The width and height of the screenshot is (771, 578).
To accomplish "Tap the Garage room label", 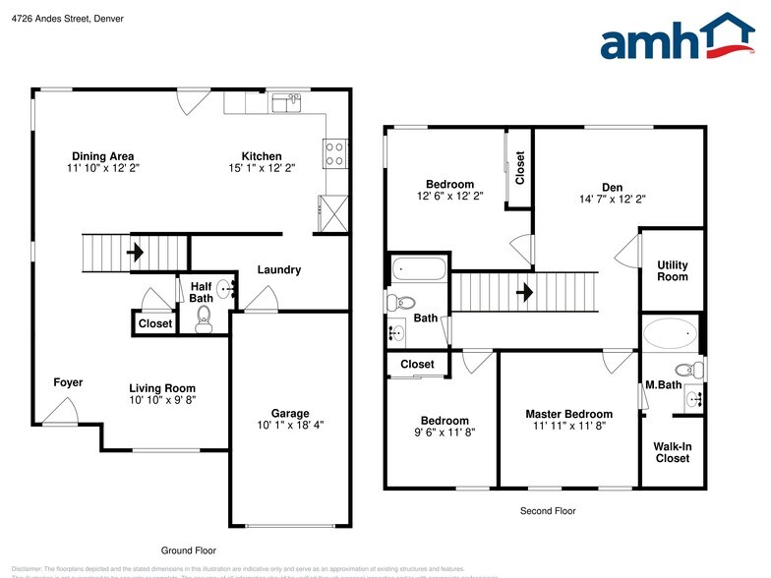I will pos(290,413).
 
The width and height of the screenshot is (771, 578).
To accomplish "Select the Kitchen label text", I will pos(263,156).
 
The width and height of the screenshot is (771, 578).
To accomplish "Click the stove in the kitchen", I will pos(334,154).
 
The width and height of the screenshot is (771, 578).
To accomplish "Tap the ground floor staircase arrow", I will pos(136,252).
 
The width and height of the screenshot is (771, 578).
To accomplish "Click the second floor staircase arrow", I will pos(526,292).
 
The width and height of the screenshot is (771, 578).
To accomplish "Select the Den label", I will pos(613,187).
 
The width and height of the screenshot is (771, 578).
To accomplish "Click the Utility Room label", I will pos(673,270).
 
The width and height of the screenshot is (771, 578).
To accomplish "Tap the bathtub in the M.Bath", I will pos(670,332).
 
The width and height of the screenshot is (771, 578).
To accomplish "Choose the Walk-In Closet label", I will pos(672,452).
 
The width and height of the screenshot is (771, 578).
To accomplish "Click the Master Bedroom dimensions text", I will pos(568,427).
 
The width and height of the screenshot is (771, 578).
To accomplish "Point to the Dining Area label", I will pos(102,156).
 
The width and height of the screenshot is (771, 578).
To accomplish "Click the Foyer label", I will pos(68,382).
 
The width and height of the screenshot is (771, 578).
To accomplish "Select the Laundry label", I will pos(279,270).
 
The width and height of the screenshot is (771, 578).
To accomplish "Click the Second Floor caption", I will pos(548,511).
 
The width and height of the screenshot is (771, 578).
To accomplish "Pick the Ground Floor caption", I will pos(188,550).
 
